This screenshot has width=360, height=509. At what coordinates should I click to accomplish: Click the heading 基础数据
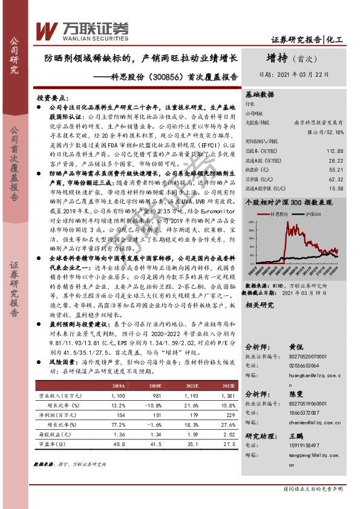pos(260,95)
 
